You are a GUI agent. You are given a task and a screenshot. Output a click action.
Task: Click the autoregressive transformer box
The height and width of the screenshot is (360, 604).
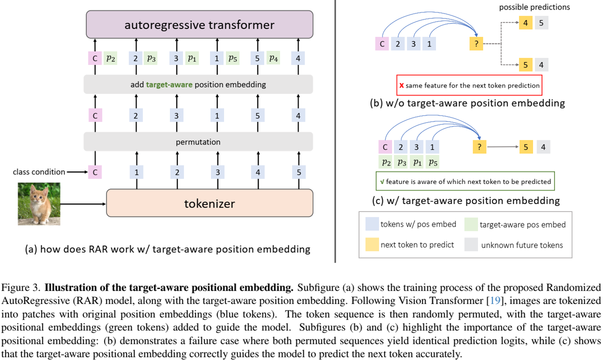tap(199, 24)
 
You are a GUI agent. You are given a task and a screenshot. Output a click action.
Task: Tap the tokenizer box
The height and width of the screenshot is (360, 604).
tap(209, 203)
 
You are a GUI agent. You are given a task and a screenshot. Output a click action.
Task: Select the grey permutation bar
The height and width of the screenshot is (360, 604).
tap(198, 141)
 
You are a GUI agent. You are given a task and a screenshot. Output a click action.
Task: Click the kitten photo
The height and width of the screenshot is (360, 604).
tap(39, 204)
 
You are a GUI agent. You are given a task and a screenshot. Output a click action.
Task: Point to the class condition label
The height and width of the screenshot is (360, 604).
tap(39, 172)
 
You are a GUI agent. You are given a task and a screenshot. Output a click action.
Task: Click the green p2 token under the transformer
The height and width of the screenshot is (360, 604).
tap(110, 58)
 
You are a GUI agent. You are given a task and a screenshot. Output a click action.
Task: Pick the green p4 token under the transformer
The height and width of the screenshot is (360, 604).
tap(273, 57)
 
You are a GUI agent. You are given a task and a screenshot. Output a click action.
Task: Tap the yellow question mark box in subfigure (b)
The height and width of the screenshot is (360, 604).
tap(476, 43)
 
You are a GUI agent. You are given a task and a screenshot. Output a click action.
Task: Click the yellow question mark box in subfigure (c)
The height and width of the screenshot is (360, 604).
tap(479, 147)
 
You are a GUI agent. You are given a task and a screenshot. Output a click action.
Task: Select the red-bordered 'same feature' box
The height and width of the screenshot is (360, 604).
tap(469, 85)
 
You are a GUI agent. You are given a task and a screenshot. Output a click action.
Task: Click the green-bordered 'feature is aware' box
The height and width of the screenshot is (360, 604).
tap(465, 181)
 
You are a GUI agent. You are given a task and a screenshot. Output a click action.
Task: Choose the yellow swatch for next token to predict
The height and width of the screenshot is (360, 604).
tap(372, 244)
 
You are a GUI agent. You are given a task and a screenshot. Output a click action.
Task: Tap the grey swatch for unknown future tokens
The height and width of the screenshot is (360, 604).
tap(471, 244)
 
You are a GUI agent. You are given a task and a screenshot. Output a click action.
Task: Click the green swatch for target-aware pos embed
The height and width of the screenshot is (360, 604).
tap(471, 224)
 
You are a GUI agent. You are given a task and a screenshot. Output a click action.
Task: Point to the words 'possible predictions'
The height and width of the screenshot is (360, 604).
tap(534, 7)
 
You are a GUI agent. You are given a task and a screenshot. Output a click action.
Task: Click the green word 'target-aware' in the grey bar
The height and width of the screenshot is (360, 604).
tap(169, 84)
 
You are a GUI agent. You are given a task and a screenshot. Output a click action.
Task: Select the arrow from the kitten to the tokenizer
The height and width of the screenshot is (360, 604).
tap(83, 204)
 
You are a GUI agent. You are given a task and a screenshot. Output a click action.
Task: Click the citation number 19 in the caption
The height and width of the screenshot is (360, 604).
tap(495, 300)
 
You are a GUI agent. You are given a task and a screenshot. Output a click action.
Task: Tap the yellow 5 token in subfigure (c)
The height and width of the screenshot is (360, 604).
tap(526, 147)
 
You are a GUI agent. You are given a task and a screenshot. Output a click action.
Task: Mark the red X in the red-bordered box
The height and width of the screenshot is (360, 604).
tap(401, 85)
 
